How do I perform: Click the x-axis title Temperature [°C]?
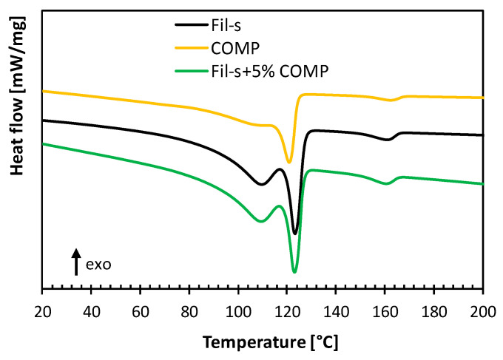262,342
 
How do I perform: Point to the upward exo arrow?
75,262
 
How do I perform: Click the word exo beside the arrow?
98,263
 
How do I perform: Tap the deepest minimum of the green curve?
294,272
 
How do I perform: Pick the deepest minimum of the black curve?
294,234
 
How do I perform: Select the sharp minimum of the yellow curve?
289,163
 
